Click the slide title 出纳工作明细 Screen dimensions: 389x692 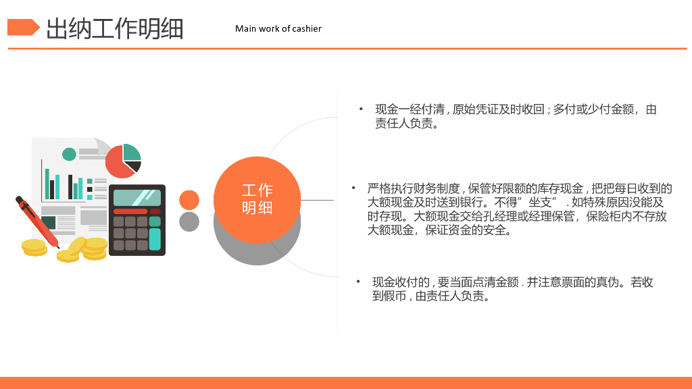click(115, 29)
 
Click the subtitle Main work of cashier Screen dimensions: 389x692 click(278, 28)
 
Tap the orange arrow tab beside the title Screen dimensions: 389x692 click(23, 28)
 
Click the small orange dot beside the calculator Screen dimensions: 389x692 click(189, 200)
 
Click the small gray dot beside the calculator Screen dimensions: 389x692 click(189, 222)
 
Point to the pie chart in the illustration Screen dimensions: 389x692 click(123, 161)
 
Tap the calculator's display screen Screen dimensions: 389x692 click(137, 197)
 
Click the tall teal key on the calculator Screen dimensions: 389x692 click(155, 238)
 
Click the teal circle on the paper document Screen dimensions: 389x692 click(69, 154)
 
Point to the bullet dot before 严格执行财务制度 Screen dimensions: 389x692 click(353, 188)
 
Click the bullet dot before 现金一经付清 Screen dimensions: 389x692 click(361, 109)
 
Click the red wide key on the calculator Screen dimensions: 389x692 click(130, 211)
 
